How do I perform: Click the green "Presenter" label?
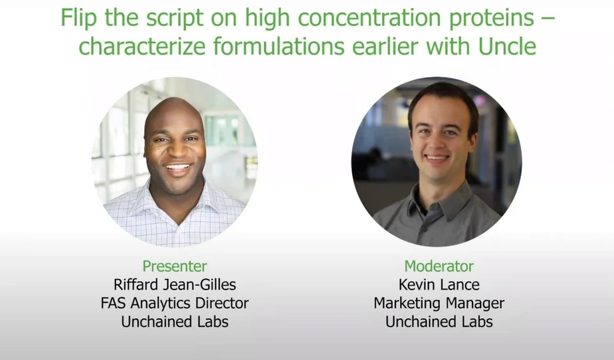175,266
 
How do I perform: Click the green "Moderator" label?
439,266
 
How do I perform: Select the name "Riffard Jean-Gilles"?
175,285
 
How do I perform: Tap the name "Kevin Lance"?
439,285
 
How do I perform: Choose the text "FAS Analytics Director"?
175,304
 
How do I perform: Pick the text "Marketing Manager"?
439,304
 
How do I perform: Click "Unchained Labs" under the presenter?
175,322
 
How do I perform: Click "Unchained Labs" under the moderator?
439,322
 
